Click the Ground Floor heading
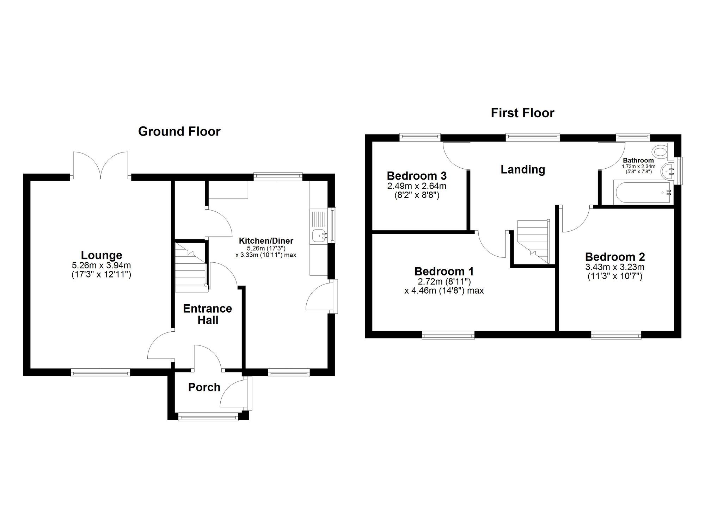click(x=179, y=131)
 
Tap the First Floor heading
click(x=522, y=113)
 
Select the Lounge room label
click(x=102, y=255)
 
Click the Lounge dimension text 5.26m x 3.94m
click(x=102, y=265)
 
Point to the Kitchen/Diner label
click(x=266, y=241)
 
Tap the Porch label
click(x=204, y=387)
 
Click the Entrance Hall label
click(x=207, y=314)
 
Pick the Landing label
click(x=523, y=170)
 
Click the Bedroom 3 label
click(x=417, y=175)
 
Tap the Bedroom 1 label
click(x=444, y=271)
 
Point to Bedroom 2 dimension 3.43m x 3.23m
click(x=615, y=267)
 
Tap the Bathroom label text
click(x=638, y=160)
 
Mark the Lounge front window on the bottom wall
click(x=100, y=373)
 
